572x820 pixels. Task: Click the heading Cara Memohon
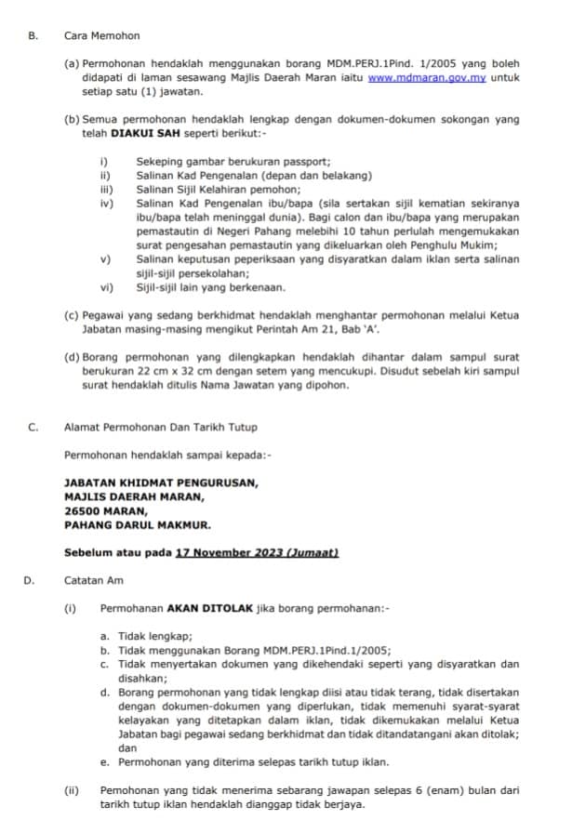pyautogui.click(x=101, y=35)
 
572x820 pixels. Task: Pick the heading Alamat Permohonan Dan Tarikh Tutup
pyautogui.click(x=161, y=428)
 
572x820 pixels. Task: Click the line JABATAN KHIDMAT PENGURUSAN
pyautogui.click(x=161, y=483)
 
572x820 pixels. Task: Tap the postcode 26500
pyautogui.click(x=82, y=510)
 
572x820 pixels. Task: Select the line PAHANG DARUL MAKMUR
pyautogui.click(x=138, y=524)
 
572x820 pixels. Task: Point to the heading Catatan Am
pyautogui.click(x=94, y=581)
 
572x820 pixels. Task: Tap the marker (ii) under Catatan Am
pyautogui.click(x=70, y=791)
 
